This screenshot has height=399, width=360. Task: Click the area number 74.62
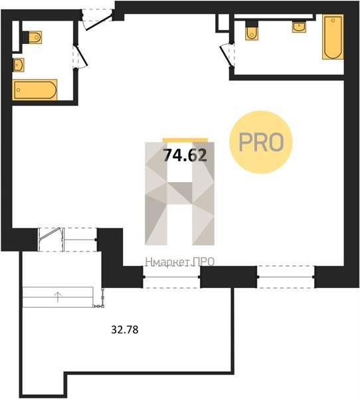[185, 155]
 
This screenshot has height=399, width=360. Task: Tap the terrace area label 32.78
[125, 330]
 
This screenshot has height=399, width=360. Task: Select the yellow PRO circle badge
[261, 142]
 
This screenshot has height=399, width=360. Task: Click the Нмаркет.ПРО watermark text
[180, 262]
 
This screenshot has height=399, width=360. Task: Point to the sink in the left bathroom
[19, 65]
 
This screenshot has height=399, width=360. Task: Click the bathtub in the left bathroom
[35, 90]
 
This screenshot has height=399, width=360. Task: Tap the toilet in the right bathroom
[252, 31]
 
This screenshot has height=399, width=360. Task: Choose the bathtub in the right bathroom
[333, 37]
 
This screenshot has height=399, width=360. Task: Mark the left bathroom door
[80, 57]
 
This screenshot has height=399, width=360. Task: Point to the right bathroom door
[226, 55]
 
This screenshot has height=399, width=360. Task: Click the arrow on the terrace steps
[58, 297]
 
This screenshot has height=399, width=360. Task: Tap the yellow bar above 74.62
[185, 140]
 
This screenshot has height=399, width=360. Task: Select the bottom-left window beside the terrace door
[80, 239]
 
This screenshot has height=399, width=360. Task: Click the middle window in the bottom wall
[172, 277]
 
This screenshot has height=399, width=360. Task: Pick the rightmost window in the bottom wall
[286, 277]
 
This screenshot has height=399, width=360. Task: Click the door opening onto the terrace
[50, 239]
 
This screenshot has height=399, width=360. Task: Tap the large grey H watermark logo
[180, 194]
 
